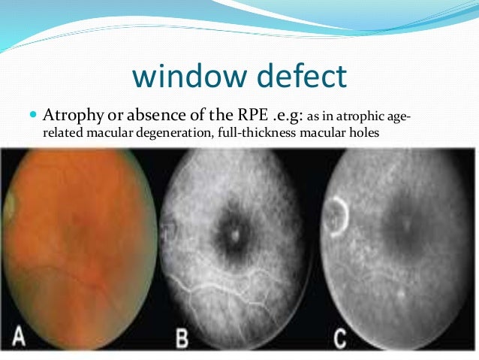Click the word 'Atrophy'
[x=71, y=117]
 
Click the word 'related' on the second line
[x=63, y=134]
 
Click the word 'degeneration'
[x=187, y=135]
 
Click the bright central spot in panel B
[x=235, y=234]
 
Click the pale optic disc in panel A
[x=11, y=205]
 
